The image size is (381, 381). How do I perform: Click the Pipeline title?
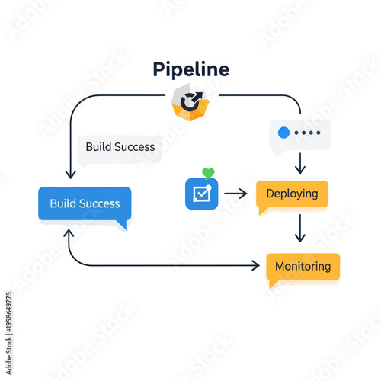click(191, 69)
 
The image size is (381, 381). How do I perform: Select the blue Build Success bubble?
click(85, 203)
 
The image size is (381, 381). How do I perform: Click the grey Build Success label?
click(120, 147)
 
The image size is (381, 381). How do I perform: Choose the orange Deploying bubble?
click(292, 194)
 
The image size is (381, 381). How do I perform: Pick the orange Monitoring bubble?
click(303, 267)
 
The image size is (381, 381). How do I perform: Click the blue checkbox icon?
click(201, 194)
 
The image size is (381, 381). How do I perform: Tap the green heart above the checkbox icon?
click(208, 173)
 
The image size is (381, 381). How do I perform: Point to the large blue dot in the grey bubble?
click(284, 133)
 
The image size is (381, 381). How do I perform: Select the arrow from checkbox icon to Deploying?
click(236, 194)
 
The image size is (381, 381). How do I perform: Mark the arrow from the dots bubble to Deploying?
click(299, 163)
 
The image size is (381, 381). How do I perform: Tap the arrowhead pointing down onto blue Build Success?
click(70, 175)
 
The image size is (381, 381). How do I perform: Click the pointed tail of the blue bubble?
click(122, 225)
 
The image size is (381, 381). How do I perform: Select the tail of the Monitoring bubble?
click(273, 284)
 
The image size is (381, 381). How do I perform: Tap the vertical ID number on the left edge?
click(8, 319)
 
